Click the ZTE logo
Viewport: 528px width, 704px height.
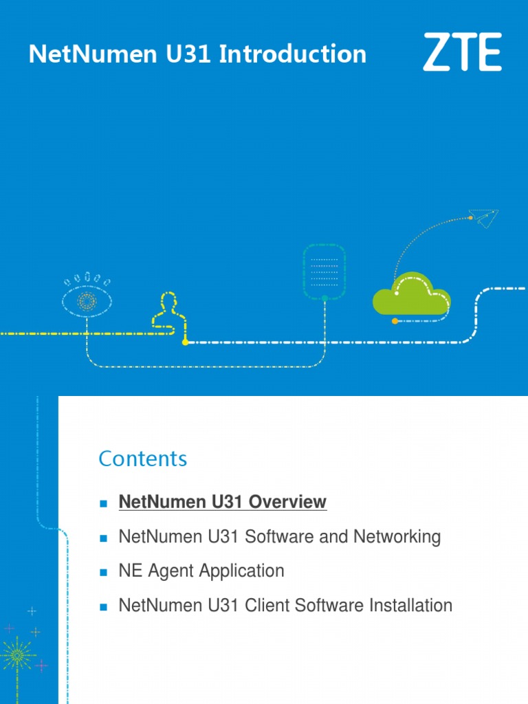pos(462,52)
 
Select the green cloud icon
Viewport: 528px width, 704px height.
pos(411,296)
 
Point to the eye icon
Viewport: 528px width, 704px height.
pos(87,300)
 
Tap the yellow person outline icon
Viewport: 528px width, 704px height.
pos(166,313)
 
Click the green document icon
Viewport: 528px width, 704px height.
pos(324,272)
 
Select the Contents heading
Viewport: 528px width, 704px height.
pos(142,459)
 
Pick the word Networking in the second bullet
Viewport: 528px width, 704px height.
pos(397,537)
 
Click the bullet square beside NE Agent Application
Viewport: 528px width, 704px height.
pos(104,572)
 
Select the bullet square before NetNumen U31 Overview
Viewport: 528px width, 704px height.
pos(104,503)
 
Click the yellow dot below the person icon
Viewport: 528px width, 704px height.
pos(185,342)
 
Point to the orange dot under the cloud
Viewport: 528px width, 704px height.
pos(395,321)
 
